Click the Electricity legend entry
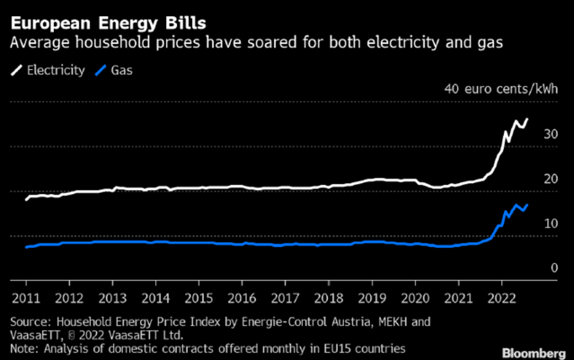[49, 68]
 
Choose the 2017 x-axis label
[285, 297]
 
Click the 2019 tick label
[372, 297]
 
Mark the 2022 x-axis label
[502, 297]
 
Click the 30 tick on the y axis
[551, 135]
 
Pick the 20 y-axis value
[551, 180]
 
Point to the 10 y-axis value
[551, 224]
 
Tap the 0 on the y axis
[554, 268]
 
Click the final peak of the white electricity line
[527, 119]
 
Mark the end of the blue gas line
[527, 205]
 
